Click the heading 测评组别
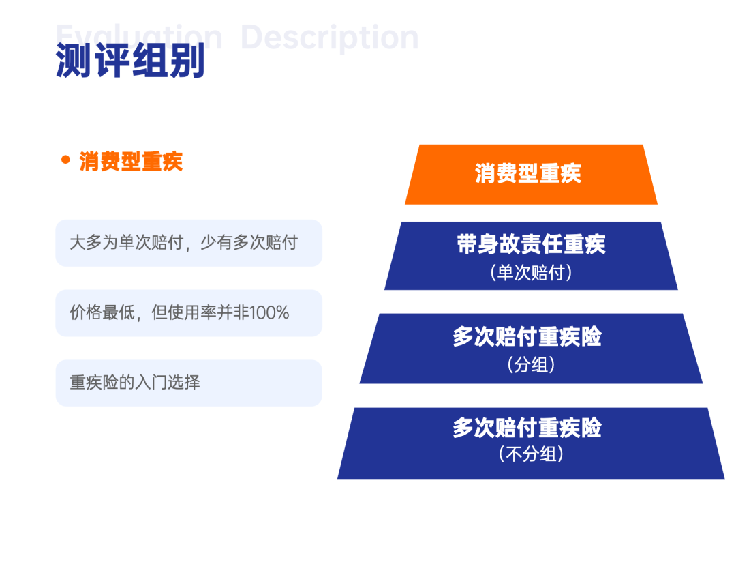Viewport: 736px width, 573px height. click(130, 60)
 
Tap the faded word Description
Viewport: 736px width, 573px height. click(330, 37)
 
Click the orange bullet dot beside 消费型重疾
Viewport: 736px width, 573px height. click(65, 160)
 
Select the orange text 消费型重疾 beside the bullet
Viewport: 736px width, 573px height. click(131, 162)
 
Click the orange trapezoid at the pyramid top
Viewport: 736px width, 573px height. click(531, 174)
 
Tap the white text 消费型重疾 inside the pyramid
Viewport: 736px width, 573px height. click(528, 173)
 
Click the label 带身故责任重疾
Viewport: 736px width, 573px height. click(531, 244)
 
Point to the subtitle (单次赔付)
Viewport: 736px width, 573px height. click(531, 272)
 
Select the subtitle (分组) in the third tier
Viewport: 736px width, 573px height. click(531, 364)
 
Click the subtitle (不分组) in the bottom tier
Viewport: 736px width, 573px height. click(531, 454)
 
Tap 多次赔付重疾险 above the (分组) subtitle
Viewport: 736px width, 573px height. click(527, 336)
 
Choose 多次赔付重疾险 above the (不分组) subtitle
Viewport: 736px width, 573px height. click(527, 428)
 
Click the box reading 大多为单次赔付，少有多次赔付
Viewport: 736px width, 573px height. click(189, 243)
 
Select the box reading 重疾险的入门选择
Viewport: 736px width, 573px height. click(189, 383)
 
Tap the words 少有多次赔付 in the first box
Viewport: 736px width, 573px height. click(249, 242)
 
